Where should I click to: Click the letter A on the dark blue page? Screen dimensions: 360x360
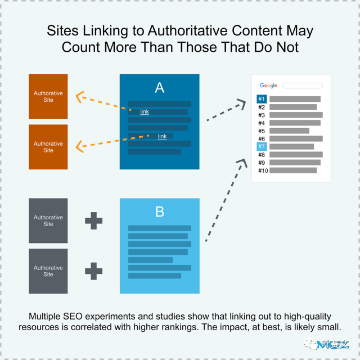coord(160,88)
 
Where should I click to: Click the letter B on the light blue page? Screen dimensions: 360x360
coord(160,211)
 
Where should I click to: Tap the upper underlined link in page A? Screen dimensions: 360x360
coord(145,111)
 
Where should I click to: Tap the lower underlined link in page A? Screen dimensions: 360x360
coord(162,136)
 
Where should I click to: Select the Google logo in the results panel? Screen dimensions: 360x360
coord(268,85)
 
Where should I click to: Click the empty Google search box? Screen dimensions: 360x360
coord(303,85)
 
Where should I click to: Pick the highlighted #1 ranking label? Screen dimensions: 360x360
coord(262,99)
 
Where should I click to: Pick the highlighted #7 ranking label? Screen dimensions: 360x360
coord(262,146)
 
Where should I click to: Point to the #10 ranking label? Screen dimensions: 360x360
coord(263,170)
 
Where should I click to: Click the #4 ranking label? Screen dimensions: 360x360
coord(262,123)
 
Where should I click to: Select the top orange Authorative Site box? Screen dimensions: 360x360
coord(48,97)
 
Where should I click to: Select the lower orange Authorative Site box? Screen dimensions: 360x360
coord(48,147)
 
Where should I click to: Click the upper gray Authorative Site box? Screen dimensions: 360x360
coord(48,220)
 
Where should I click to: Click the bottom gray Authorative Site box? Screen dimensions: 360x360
coord(48,271)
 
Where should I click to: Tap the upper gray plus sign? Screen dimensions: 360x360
coord(94,221)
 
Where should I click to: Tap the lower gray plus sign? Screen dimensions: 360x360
coord(94,271)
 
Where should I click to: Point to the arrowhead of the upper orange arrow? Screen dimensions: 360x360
coord(76,97)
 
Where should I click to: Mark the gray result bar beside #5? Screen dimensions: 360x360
coord(289,131)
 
